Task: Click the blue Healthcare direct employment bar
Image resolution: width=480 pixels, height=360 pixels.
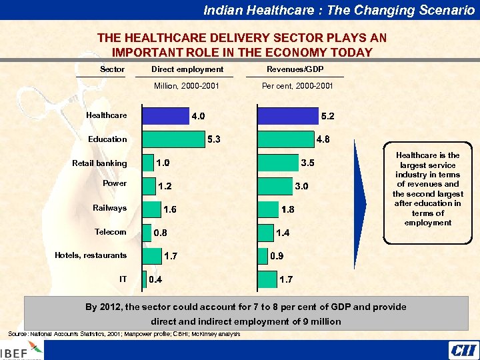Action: click(166, 115)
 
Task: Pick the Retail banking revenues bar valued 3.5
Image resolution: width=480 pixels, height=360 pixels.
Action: click(277, 162)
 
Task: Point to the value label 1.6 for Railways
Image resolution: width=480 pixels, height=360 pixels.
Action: click(170, 209)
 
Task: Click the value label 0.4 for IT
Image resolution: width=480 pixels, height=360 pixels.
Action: click(155, 279)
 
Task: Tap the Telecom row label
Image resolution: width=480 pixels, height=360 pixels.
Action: click(111, 232)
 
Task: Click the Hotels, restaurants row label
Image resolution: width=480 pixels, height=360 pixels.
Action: click(91, 255)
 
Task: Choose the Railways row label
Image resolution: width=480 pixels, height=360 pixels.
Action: click(109, 208)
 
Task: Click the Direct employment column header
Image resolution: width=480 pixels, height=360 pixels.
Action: click(187, 69)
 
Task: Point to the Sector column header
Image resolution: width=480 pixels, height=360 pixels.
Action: click(112, 69)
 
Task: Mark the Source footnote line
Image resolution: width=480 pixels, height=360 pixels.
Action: click(124, 333)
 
